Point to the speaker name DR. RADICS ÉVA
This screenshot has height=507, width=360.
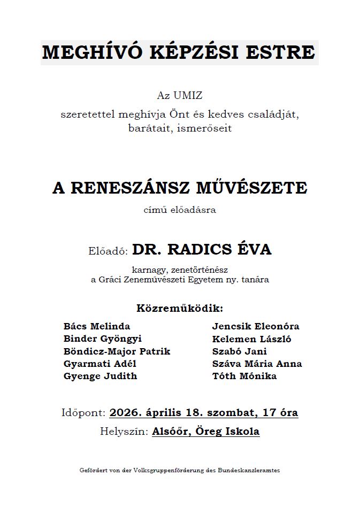coord(202,250)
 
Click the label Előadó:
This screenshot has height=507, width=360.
coord(109,251)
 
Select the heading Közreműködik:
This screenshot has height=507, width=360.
coord(180,309)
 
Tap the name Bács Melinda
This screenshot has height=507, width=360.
coord(97,326)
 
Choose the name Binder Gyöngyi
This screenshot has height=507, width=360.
coord(103,339)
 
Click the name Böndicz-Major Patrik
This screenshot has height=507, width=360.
coord(117,351)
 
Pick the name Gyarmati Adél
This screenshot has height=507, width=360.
coord(100,364)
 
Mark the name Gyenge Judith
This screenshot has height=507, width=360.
coord(100,376)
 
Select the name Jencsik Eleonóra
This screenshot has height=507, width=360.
coord(256,326)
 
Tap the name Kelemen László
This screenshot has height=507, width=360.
coord(252,339)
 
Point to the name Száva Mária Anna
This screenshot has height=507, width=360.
coord(257,364)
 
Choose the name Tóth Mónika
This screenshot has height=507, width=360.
coord(244,376)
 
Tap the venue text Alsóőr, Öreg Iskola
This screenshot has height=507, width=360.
coord(206,432)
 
